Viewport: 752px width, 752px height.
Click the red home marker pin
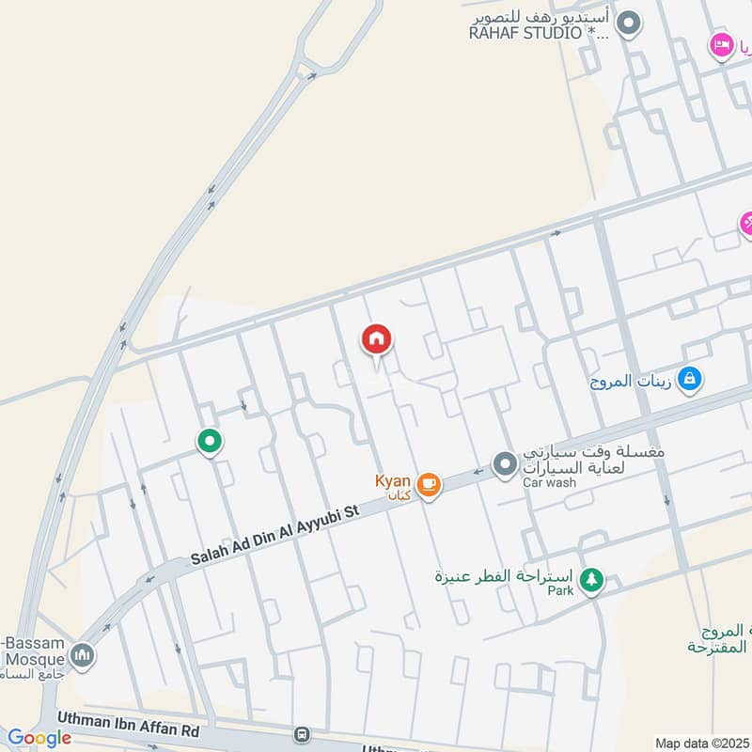pos(377,339)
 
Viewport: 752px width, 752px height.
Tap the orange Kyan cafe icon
pos(429,484)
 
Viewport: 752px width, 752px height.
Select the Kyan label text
pos(393,480)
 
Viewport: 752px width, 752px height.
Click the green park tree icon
pos(591,579)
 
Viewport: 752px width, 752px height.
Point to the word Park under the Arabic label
pos(560,591)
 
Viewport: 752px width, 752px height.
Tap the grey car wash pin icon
pos(506,463)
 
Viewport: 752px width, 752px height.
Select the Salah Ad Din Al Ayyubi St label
pos(274,539)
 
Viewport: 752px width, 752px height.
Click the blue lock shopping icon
pos(690,379)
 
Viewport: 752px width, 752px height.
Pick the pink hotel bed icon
pos(722,43)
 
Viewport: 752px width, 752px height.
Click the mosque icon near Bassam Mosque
pos(82,654)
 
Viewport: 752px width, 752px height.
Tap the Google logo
pos(39,738)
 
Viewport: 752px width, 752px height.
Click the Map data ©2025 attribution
pos(701,743)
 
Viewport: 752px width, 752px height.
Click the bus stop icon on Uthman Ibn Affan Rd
pos(302,733)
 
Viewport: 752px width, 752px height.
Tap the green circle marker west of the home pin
pos(209,440)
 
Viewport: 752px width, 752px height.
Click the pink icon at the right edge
pos(746,223)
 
